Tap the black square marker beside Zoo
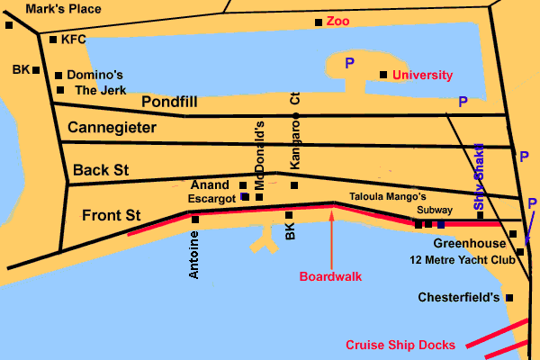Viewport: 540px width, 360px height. [318, 22]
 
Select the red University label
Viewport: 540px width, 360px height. [422, 75]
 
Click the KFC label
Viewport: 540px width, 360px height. [72, 40]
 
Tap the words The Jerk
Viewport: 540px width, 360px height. [98, 90]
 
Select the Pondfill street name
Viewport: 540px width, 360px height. [168, 102]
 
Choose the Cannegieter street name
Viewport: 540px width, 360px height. [112, 128]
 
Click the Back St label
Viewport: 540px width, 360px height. [102, 169]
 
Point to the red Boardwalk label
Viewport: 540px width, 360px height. [330, 276]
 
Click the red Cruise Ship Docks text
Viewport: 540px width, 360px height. [400, 345]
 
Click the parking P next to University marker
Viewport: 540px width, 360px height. [349, 62]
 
